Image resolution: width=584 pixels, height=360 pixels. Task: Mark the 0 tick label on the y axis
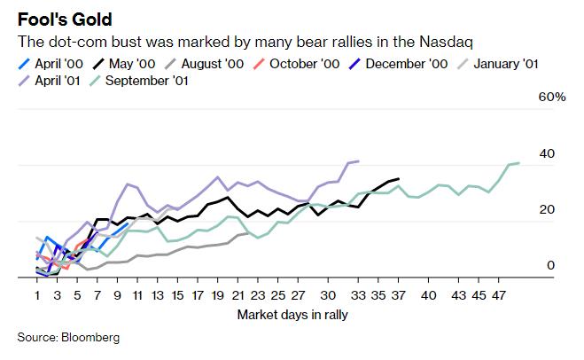(x=550, y=265)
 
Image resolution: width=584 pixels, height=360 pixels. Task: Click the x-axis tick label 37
(x=399, y=295)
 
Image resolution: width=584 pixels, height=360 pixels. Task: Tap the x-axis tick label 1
(x=38, y=295)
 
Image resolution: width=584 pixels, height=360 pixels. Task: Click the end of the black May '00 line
(x=399, y=179)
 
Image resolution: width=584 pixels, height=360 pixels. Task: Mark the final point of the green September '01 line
(x=518, y=163)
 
